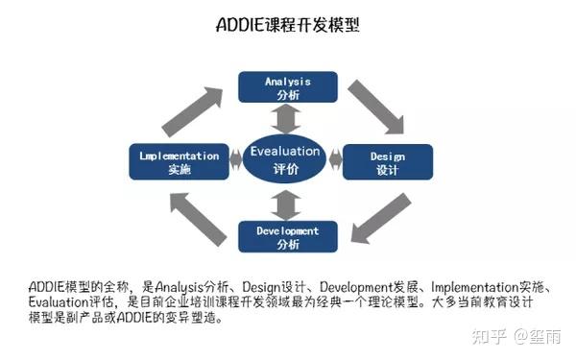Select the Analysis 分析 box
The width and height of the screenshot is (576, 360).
pyautogui.click(x=287, y=87)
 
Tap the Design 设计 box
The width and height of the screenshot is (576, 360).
pyautogui.click(x=387, y=162)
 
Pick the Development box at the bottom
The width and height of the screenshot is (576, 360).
pyautogui.click(x=287, y=237)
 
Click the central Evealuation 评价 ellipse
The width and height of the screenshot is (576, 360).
pyautogui.click(x=286, y=159)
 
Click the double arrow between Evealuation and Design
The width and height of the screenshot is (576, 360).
pyautogui.click(x=335, y=156)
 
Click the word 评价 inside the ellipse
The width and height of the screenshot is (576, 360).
pyautogui.click(x=286, y=169)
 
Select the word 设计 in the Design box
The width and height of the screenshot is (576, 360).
pyautogui.click(x=387, y=170)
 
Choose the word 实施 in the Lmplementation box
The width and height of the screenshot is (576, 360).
pyautogui.click(x=180, y=170)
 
